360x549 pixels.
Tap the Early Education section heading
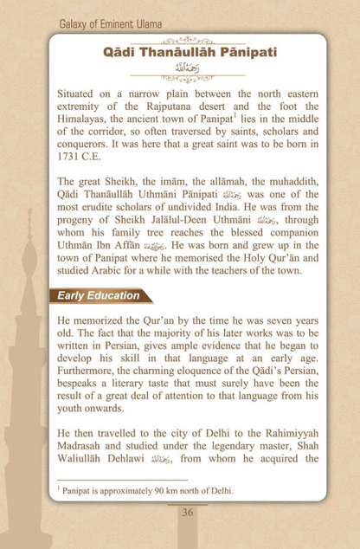pos(98,295)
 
